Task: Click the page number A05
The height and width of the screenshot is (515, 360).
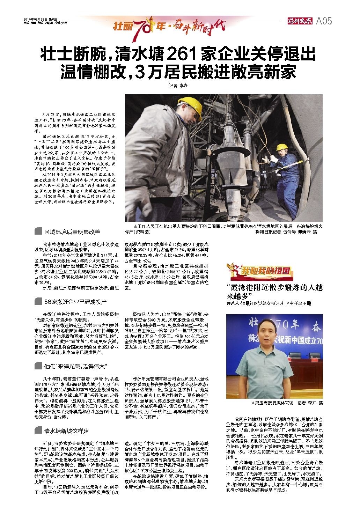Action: coord(324,21)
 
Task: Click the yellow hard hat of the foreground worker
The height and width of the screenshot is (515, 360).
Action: coord(190,105)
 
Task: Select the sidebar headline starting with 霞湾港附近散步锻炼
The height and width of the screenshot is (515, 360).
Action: coord(274,292)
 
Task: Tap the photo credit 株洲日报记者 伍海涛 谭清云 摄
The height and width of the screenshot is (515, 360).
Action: coord(286,231)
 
